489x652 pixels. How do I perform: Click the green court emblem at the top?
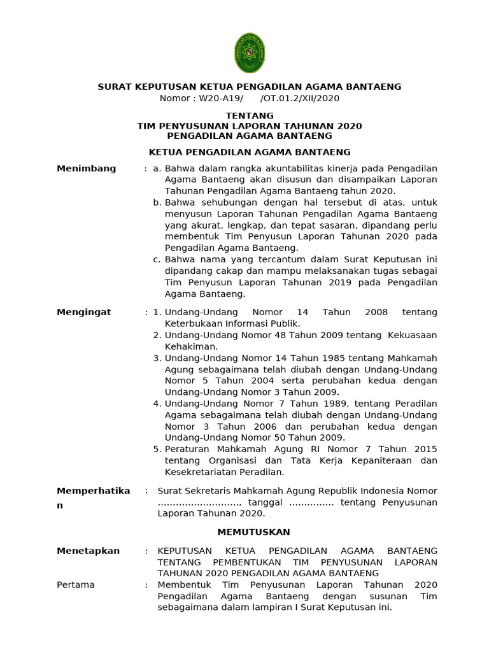point(250,53)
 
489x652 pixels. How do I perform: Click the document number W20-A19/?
point(221,99)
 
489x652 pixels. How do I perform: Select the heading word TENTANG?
point(250,116)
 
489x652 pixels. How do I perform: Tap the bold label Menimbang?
point(87,169)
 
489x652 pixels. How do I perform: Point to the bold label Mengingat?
point(84,312)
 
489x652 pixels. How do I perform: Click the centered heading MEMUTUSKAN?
point(253,532)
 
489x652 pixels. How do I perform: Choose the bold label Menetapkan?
point(88,551)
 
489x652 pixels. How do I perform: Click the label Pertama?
point(76,585)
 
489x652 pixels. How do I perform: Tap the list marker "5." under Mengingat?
point(157,450)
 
